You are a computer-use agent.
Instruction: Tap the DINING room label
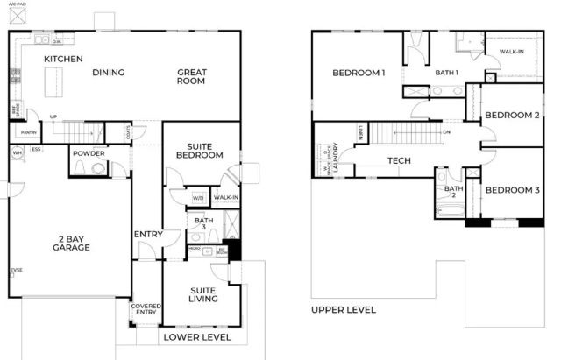[108, 73]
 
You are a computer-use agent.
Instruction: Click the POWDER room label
[89, 153]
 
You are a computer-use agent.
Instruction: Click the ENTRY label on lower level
[146, 234]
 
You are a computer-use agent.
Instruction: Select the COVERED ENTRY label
[146, 310]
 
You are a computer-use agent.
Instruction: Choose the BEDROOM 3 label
[510, 191]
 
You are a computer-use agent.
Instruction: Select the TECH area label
[400, 161]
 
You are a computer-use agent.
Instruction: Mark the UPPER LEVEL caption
[344, 310]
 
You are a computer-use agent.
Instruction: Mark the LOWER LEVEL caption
[196, 336]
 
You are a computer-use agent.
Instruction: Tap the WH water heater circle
[17, 152]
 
